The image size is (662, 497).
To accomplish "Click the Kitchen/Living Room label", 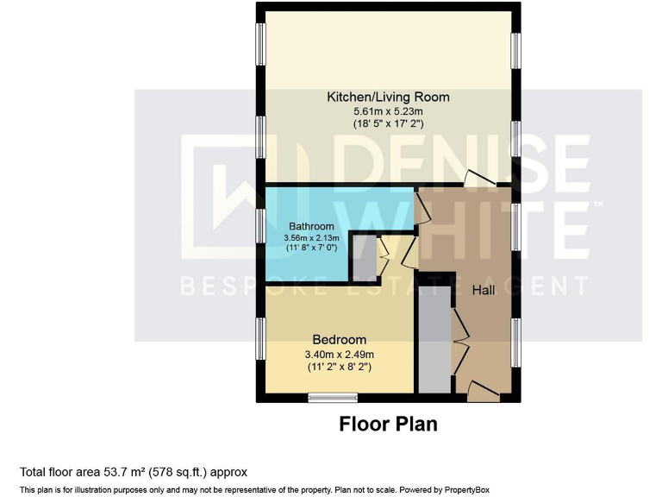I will [387, 97].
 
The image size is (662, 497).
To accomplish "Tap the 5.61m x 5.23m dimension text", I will [387, 110].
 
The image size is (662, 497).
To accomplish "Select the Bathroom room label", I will [311, 227].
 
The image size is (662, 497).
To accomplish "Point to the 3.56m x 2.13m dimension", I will [311, 238].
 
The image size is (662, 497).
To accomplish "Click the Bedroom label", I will [339, 339].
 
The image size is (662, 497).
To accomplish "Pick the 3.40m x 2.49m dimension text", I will [339, 353].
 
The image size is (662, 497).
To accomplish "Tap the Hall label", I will [484, 291].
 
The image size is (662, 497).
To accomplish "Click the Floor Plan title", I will [388, 424].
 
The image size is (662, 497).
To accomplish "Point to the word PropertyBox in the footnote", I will [476, 488].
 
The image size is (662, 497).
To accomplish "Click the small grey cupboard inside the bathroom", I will [364, 258].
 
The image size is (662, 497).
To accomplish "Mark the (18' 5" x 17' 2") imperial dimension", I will [387, 124].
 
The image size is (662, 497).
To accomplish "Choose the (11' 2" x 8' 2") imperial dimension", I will [339, 367].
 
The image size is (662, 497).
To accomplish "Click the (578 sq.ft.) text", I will [180, 472].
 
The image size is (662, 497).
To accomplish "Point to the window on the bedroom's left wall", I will [260, 342].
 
